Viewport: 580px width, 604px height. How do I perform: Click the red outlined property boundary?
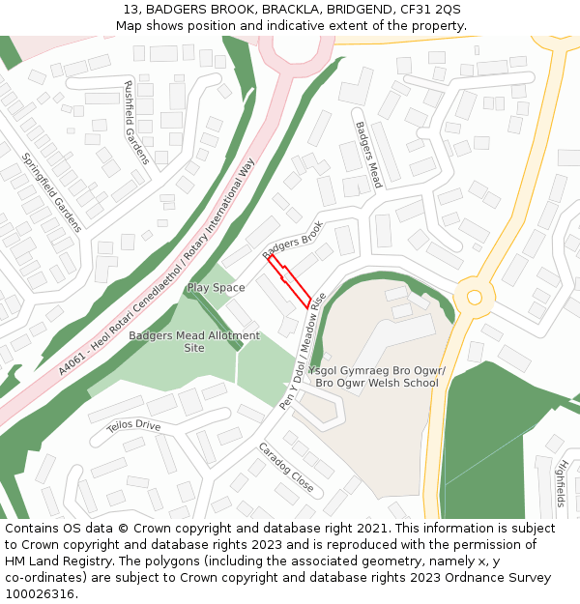(x=289, y=281)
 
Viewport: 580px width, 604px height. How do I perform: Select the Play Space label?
(x=216, y=287)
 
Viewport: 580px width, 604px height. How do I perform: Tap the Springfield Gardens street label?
(x=52, y=193)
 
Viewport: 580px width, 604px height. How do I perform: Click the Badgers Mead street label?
(x=368, y=155)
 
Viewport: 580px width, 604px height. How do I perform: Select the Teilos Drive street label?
(x=133, y=424)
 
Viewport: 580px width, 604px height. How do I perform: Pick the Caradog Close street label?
(x=285, y=468)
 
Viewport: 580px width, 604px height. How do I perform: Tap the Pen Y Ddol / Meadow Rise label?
(x=304, y=351)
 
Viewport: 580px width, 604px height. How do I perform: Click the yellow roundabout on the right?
(x=474, y=297)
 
